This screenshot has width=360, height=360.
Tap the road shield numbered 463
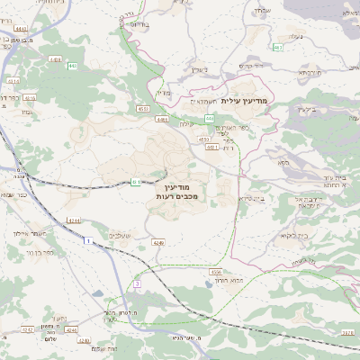[x=278, y=47]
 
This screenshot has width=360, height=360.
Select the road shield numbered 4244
[x=73, y=220]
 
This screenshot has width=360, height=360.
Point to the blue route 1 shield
[x=85, y=240]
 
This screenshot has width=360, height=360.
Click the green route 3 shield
[x=138, y=283]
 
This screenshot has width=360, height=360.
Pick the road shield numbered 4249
[x=159, y=242]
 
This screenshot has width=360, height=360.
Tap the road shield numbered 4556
[x=215, y=271]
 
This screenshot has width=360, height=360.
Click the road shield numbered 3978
[x=347, y=332]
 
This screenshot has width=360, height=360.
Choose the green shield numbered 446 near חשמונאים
[x=209, y=118]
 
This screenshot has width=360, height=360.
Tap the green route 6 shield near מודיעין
[x=135, y=183]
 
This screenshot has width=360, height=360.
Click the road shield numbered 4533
[x=143, y=109]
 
